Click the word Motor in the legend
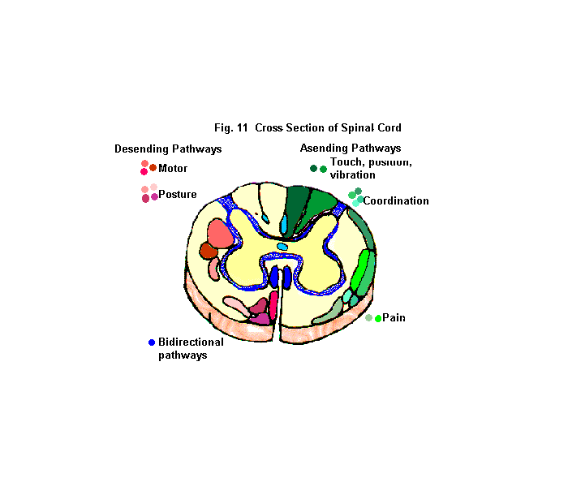pyautogui.click(x=173, y=169)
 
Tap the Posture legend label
pyautogui.click(x=177, y=195)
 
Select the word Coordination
pyautogui.click(x=396, y=201)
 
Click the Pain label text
pyautogui.click(x=394, y=318)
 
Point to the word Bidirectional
pyautogui.click(x=191, y=342)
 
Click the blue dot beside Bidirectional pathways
pyautogui.click(x=152, y=342)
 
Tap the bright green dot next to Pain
pyautogui.click(x=378, y=318)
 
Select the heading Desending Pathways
pyautogui.click(x=168, y=149)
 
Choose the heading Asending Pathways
pyautogui.click(x=351, y=149)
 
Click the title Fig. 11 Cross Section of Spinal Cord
pyautogui.click(x=308, y=128)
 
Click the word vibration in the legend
pyautogui.click(x=353, y=175)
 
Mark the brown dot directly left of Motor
pyautogui.click(x=153, y=167)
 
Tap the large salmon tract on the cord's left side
pyautogui.click(x=219, y=233)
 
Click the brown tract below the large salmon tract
pyautogui.click(x=209, y=252)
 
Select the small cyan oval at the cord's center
pyautogui.click(x=282, y=246)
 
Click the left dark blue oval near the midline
pyautogui.click(x=275, y=277)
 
